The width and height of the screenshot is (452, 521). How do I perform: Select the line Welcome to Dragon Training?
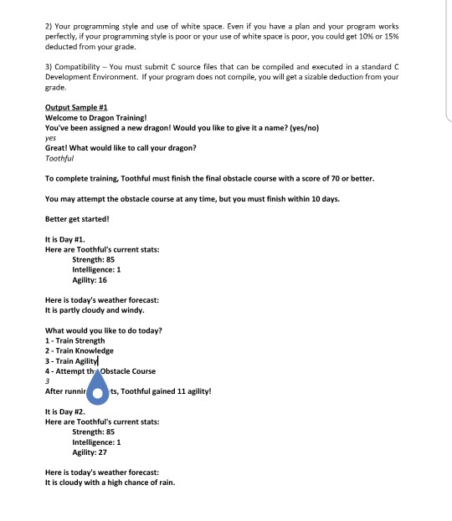pyautogui.click(x=98, y=118)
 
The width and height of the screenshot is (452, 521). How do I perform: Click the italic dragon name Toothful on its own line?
pyautogui.click(x=59, y=158)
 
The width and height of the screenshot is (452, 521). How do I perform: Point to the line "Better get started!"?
pyautogui.click(x=76, y=219)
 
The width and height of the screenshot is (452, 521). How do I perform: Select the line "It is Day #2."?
pyautogui.click(x=64, y=412)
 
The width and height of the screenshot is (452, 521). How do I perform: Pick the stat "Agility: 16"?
pyautogui.click(x=90, y=280)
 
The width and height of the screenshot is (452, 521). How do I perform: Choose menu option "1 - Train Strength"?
pyautogui.click(x=74, y=340)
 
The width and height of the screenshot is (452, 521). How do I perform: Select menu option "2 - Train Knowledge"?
pyautogui.click(x=79, y=350)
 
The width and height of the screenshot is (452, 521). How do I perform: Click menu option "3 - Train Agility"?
pyautogui.click(x=72, y=360)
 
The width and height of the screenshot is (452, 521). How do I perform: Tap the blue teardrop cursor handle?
pyautogui.click(x=101, y=390)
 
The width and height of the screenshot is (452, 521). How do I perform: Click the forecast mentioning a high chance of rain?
pyautogui.click(x=110, y=483)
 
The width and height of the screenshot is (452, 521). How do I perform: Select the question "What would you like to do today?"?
pyautogui.click(x=103, y=330)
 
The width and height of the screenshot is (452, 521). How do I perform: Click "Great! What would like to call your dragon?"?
pyautogui.click(x=121, y=148)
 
